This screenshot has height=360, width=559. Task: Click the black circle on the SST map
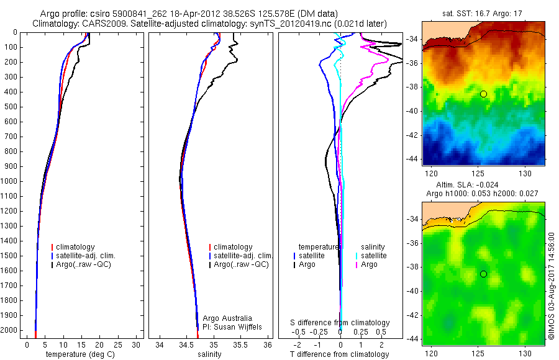coord(483,94)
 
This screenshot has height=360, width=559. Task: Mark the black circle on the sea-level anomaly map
coord(483,274)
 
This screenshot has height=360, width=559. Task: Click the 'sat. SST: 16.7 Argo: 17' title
coord(483,12)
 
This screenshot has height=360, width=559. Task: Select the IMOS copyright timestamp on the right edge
coord(552,286)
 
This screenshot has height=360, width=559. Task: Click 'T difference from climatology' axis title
coord(339,354)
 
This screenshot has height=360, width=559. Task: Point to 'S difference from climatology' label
coord(340,323)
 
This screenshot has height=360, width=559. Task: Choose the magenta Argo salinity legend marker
coord(355,264)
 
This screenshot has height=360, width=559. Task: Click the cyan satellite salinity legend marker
coord(355,255)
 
